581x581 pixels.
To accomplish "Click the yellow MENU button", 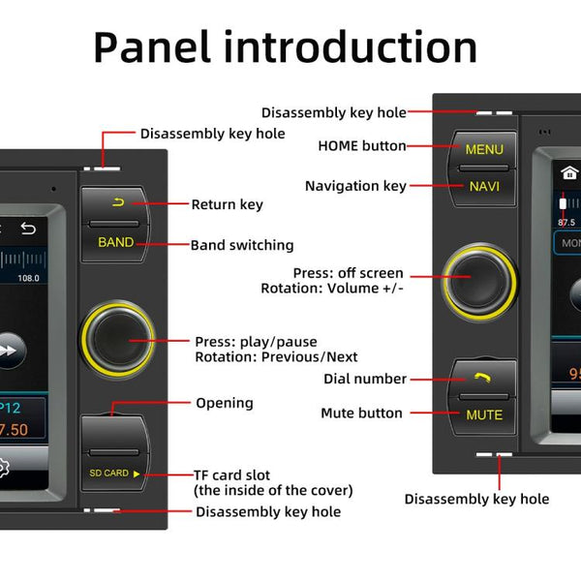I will (484, 150).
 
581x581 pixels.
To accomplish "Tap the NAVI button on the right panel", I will (484, 186).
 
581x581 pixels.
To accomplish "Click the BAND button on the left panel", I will (116, 242).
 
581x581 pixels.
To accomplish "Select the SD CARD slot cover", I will (116, 473).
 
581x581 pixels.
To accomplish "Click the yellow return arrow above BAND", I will (118, 202).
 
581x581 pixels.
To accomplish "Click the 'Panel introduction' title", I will (285, 47).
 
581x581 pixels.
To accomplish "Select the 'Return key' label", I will (227, 204).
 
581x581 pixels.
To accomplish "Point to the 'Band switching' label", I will (242, 245).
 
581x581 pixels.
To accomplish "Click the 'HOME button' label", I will (362, 146).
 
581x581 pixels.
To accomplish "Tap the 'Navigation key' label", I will (355, 186).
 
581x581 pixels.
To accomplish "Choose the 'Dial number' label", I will (365, 379).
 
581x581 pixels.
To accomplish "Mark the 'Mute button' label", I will (361, 413).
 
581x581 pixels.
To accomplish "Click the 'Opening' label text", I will (225, 403).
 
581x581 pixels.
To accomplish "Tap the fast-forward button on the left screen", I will (10, 351).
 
